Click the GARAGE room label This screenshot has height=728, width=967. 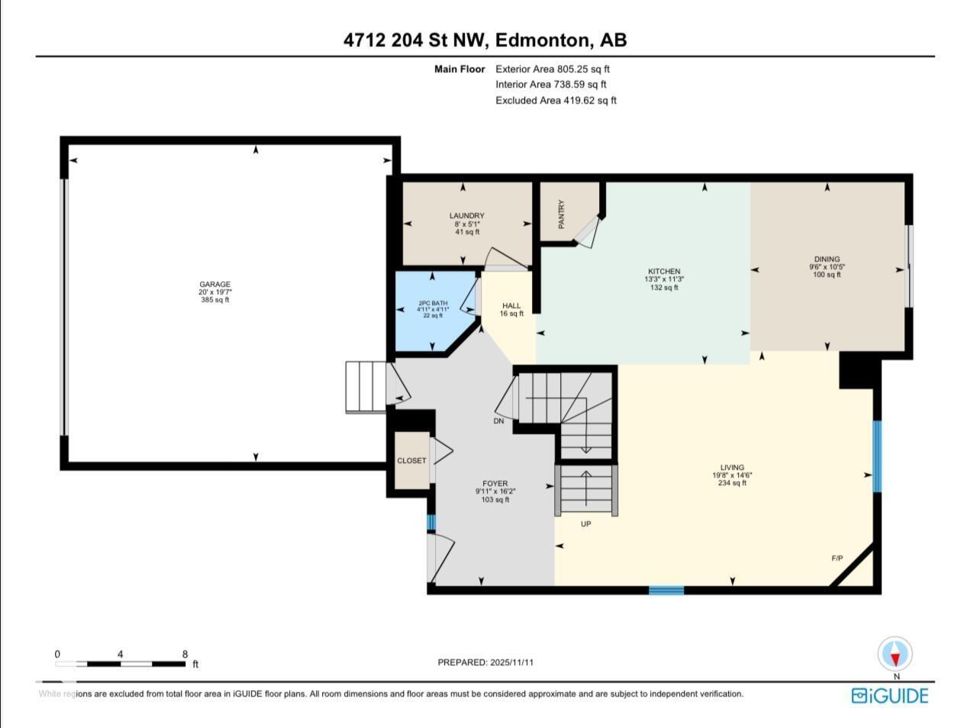pos(214,285)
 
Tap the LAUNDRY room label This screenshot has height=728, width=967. pos(466,216)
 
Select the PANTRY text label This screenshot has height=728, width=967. pos(562,214)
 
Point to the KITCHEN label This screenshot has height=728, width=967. pos(663,272)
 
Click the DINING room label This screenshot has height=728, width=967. pos(827,259)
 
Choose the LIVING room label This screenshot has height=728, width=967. pos(731,468)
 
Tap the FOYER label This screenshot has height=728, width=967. pos(495,484)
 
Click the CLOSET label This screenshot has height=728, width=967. pos(411,461)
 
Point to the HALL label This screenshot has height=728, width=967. pos(511,306)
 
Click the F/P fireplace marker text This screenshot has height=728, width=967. pos(836,559)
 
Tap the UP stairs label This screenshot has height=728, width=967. pos(586,524)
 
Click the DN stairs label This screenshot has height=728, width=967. pos(498,421)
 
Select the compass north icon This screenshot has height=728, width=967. pos(895,655)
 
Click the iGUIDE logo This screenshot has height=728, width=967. pos(890,695)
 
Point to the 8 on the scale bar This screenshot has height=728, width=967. pos(185,654)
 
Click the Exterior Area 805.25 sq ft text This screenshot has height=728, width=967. pos(553,69)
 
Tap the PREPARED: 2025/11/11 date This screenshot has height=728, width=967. pos(485,662)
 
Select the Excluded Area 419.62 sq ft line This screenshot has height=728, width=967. pos(556,100)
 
